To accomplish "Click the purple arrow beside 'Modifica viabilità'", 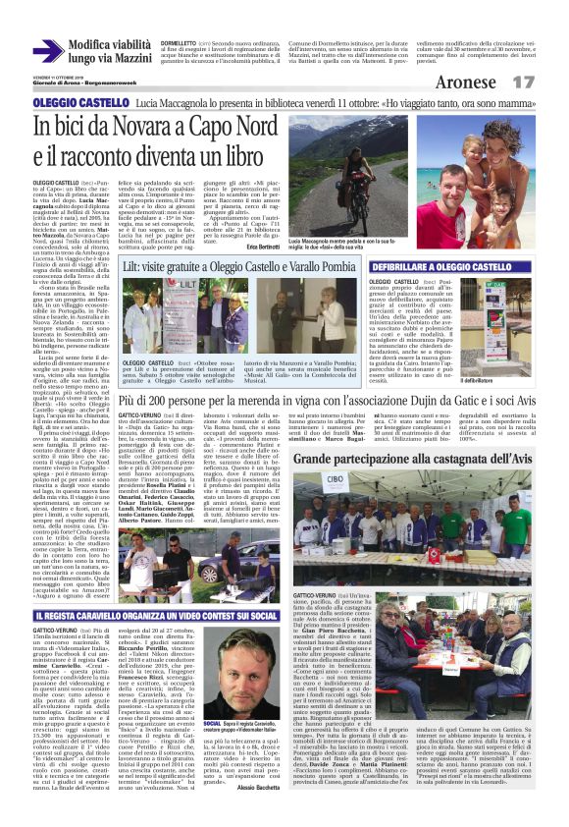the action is [47, 50].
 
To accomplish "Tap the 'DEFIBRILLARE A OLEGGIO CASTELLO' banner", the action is [450, 267].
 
